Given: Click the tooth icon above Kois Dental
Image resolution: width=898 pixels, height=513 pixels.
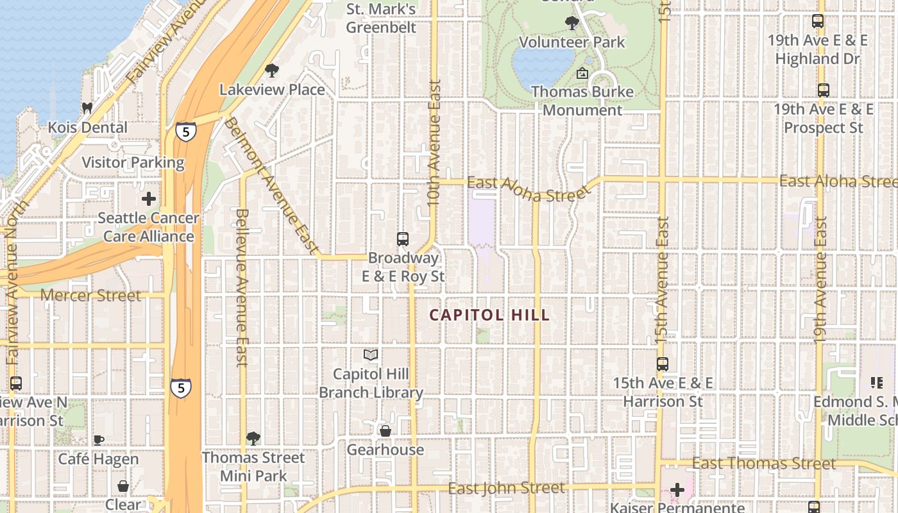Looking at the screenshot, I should tap(87, 108).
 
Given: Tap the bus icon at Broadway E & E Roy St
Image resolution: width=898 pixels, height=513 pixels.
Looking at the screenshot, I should tap(403, 239).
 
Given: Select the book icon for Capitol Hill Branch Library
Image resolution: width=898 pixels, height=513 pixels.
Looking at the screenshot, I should tap(371, 355).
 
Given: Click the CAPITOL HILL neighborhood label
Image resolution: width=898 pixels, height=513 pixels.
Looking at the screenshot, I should tap(489, 315).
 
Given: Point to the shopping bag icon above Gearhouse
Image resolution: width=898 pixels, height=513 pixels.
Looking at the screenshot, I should tap(385, 431).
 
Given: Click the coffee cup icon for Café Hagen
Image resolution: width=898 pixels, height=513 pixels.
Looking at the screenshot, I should tap(98, 440).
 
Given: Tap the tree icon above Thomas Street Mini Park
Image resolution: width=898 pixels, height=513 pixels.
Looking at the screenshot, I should tap(253, 439).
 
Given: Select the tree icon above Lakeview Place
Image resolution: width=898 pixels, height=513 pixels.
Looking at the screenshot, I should tap(272, 71).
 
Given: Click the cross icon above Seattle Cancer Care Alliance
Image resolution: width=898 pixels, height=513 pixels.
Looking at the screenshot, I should tap(149, 199).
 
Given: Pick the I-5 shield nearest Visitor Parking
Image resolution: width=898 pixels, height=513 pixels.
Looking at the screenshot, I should tap(185, 131).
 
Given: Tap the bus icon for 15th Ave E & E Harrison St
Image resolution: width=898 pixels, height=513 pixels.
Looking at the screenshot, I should tap(663, 364).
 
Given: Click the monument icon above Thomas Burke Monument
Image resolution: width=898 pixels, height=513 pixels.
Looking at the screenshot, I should tap(582, 73).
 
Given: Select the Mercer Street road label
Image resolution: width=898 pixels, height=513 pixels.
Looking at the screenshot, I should tap(90, 296).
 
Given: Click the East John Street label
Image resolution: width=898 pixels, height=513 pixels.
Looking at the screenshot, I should tap(506, 488).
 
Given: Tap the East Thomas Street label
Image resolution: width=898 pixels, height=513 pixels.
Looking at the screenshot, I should tap(764, 464).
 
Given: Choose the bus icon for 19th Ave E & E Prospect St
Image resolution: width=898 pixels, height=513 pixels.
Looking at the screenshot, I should tap(823, 90).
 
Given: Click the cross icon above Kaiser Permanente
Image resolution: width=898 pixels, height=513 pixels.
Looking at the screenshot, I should tap(677, 491).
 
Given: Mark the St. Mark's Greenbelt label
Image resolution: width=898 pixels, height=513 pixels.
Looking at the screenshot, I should tap(381, 19).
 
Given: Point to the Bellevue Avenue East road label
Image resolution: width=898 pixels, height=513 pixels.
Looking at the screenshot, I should tap(242, 287).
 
